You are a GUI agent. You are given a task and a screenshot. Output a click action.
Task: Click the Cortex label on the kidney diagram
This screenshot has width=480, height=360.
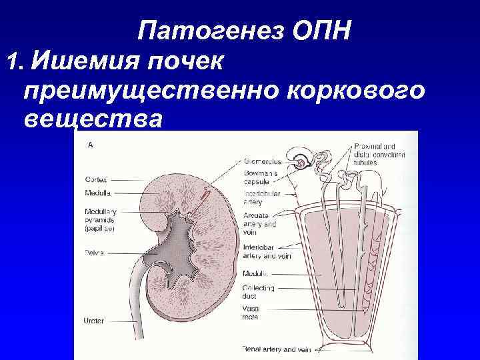coord(96,179)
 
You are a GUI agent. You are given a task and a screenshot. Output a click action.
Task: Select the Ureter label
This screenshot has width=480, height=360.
coord(94,321)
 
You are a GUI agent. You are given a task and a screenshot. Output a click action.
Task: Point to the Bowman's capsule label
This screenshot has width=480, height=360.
coord(260,177)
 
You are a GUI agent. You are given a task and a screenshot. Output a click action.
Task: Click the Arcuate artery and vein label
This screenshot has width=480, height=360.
coord(260,225)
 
